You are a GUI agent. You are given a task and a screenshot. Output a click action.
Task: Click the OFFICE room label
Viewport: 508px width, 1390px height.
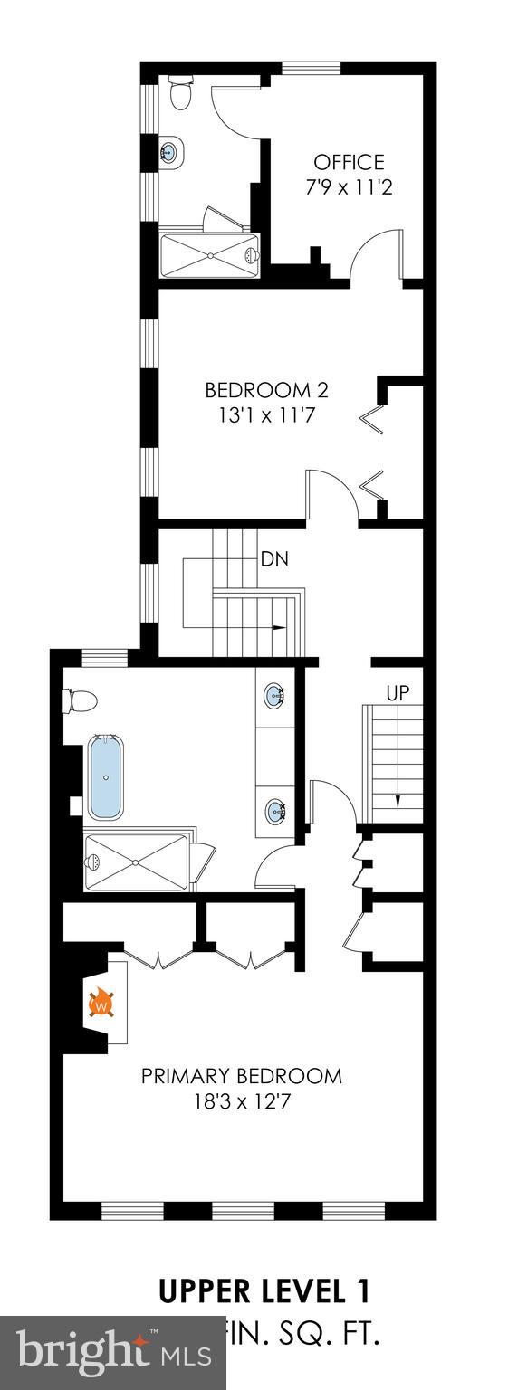(349, 163)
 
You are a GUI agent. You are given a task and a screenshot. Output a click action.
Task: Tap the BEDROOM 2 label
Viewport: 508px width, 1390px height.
(266, 391)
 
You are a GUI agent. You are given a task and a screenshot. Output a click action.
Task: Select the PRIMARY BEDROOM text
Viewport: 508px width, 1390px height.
(242, 1076)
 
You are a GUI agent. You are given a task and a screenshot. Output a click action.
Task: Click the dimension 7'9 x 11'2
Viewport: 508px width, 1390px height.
(349, 188)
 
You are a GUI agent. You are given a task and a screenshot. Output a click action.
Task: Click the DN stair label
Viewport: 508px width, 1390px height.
(274, 559)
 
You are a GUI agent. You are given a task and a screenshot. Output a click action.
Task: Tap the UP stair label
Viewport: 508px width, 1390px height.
(398, 693)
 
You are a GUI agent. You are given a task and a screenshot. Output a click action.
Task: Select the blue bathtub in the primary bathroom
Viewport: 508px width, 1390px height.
(107, 777)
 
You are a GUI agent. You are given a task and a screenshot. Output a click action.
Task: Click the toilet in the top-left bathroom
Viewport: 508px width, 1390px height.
(180, 93)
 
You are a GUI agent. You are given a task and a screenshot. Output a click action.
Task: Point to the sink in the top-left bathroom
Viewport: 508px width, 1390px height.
(169, 152)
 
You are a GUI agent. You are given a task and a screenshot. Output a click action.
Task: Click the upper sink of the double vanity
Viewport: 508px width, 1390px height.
(274, 696)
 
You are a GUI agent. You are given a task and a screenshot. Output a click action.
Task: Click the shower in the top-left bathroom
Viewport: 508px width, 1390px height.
(209, 255)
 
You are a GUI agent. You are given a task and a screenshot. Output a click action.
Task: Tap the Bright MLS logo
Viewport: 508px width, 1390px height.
(113, 1352)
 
